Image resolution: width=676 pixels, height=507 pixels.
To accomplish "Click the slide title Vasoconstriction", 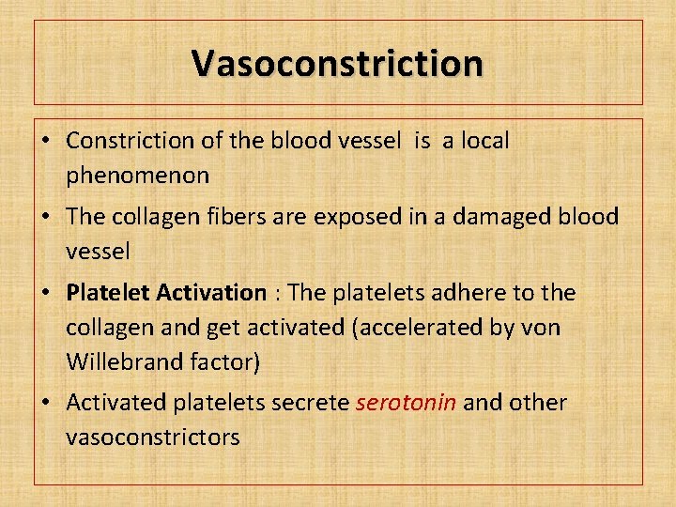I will [338, 63].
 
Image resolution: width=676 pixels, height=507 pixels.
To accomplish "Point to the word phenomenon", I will [138, 175].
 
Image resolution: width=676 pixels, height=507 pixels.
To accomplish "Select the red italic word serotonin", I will [407, 403].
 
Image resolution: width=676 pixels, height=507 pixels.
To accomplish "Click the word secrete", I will [312, 403].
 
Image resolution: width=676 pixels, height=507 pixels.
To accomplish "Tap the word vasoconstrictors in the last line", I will [153, 437].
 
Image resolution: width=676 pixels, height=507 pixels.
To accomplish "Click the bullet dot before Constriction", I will [45, 142].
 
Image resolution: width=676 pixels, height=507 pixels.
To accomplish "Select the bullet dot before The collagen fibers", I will [45, 218].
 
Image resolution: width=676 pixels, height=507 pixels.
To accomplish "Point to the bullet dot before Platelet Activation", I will [45, 294].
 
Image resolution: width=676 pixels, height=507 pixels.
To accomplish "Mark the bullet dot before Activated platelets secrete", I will [45, 404].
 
